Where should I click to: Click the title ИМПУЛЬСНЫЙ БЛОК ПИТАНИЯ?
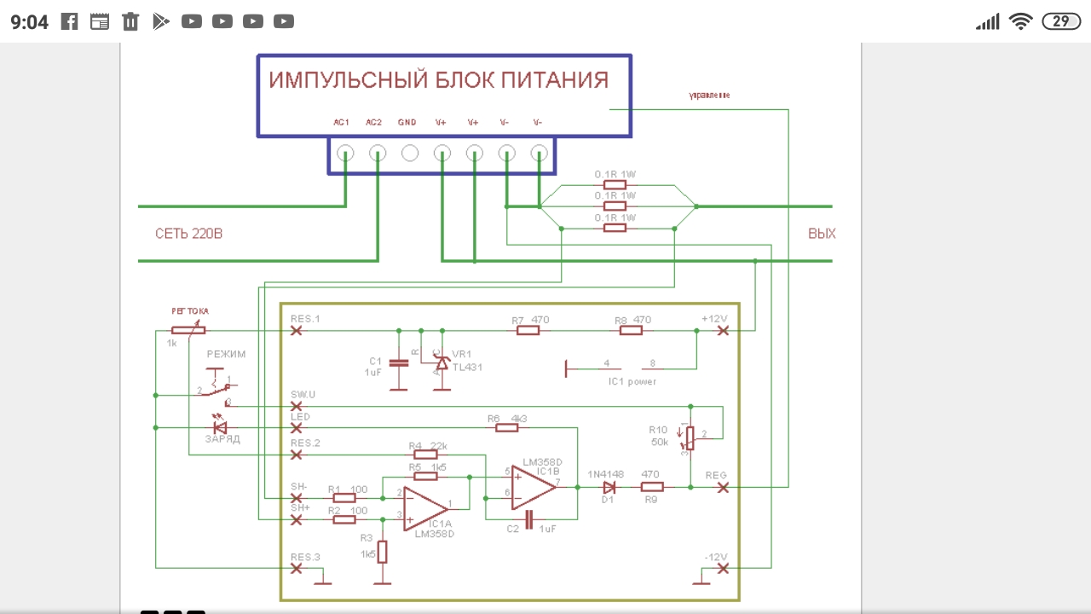pos(439,81)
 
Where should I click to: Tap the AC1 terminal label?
pos(342,123)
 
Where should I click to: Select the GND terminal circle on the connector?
pos(410,153)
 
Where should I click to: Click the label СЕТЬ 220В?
pos(188,234)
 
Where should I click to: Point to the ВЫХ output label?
pos(822,234)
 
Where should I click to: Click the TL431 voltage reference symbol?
pos(442,362)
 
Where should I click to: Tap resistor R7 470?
pos(528,330)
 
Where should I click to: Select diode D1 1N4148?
pos(609,487)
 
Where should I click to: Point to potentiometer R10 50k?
pos(690,437)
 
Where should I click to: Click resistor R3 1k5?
pos(383,552)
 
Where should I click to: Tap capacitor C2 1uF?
pos(528,519)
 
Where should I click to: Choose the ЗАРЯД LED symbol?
pos(219,426)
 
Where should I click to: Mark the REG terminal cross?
pos(723,487)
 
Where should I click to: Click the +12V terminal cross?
pos(723,330)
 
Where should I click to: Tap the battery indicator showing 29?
pos(1060,21)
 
